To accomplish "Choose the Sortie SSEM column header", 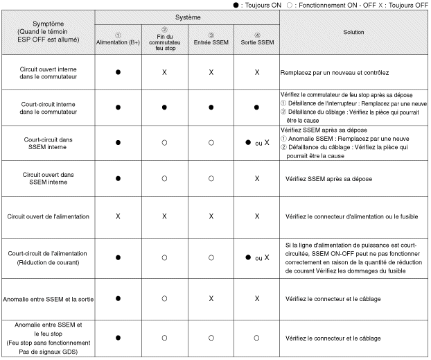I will pos(257,37).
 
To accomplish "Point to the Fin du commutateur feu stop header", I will pos(164,37).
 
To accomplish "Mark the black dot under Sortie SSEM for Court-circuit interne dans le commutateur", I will pos(257,108).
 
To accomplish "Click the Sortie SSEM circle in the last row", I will pos(257,337).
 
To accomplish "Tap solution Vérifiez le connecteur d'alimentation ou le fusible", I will pos(346,216).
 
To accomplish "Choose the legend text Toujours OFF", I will pos(413,4).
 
